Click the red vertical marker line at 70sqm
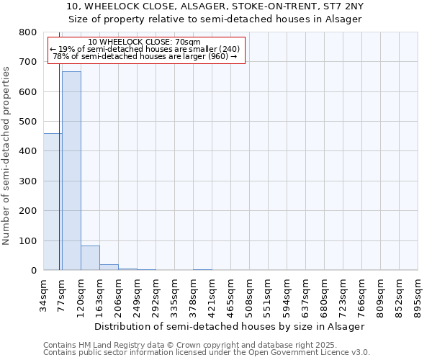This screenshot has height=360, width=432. pos(59,180)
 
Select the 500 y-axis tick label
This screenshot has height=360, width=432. pos(28,122)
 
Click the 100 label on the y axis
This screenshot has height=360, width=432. pos(28,240)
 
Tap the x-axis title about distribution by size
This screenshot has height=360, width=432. pos(230,326)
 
